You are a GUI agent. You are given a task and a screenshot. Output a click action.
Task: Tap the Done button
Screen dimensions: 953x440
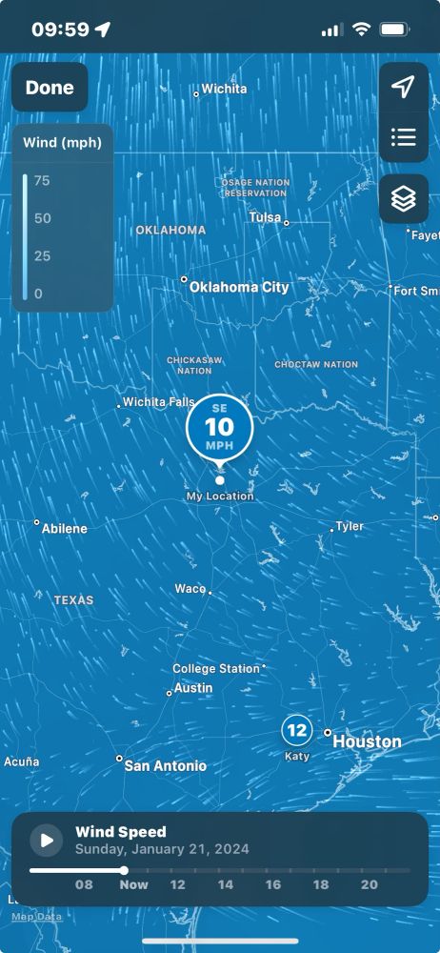[x=50, y=88]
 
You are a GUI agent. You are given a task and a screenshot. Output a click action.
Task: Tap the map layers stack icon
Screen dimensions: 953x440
[x=404, y=199]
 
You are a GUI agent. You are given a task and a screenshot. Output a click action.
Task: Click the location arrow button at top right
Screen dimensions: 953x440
[x=404, y=88]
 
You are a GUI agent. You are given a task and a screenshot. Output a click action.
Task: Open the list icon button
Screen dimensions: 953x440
[x=404, y=137]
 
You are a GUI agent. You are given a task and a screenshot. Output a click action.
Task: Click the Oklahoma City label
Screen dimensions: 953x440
[x=238, y=287]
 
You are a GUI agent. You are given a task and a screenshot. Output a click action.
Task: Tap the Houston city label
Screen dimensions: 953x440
[x=367, y=741]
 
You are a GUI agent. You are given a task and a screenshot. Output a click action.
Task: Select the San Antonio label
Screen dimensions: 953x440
[x=165, y=766]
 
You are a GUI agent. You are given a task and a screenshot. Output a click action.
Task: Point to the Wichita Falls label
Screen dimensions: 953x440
[x=158, y=402]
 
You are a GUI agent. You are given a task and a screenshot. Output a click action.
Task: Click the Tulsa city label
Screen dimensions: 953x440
[x=265, y=217]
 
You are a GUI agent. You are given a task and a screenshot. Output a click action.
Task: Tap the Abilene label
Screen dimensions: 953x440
[x=64, y=529]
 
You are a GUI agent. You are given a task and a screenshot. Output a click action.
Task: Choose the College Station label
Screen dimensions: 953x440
[x=216, y=669]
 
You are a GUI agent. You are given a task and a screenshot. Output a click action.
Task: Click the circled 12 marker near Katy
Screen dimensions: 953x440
[x=297, y=731]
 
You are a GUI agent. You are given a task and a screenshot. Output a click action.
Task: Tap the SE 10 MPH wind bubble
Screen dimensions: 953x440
[x=220, y=426]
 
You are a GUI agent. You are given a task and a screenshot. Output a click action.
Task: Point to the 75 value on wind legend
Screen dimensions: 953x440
[x=42, y=180]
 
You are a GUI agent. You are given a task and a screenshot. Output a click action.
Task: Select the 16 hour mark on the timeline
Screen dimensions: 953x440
[x=273, y=884]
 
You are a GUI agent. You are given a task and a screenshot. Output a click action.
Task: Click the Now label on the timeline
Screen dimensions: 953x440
[x=133, y=884]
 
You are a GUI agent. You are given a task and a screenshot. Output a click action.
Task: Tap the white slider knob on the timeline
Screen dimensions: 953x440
[x=124, y=870]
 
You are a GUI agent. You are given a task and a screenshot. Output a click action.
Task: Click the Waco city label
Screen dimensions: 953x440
[x=190, y=589]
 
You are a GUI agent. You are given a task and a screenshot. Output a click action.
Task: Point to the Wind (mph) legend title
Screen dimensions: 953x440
[x=63, y=144]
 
